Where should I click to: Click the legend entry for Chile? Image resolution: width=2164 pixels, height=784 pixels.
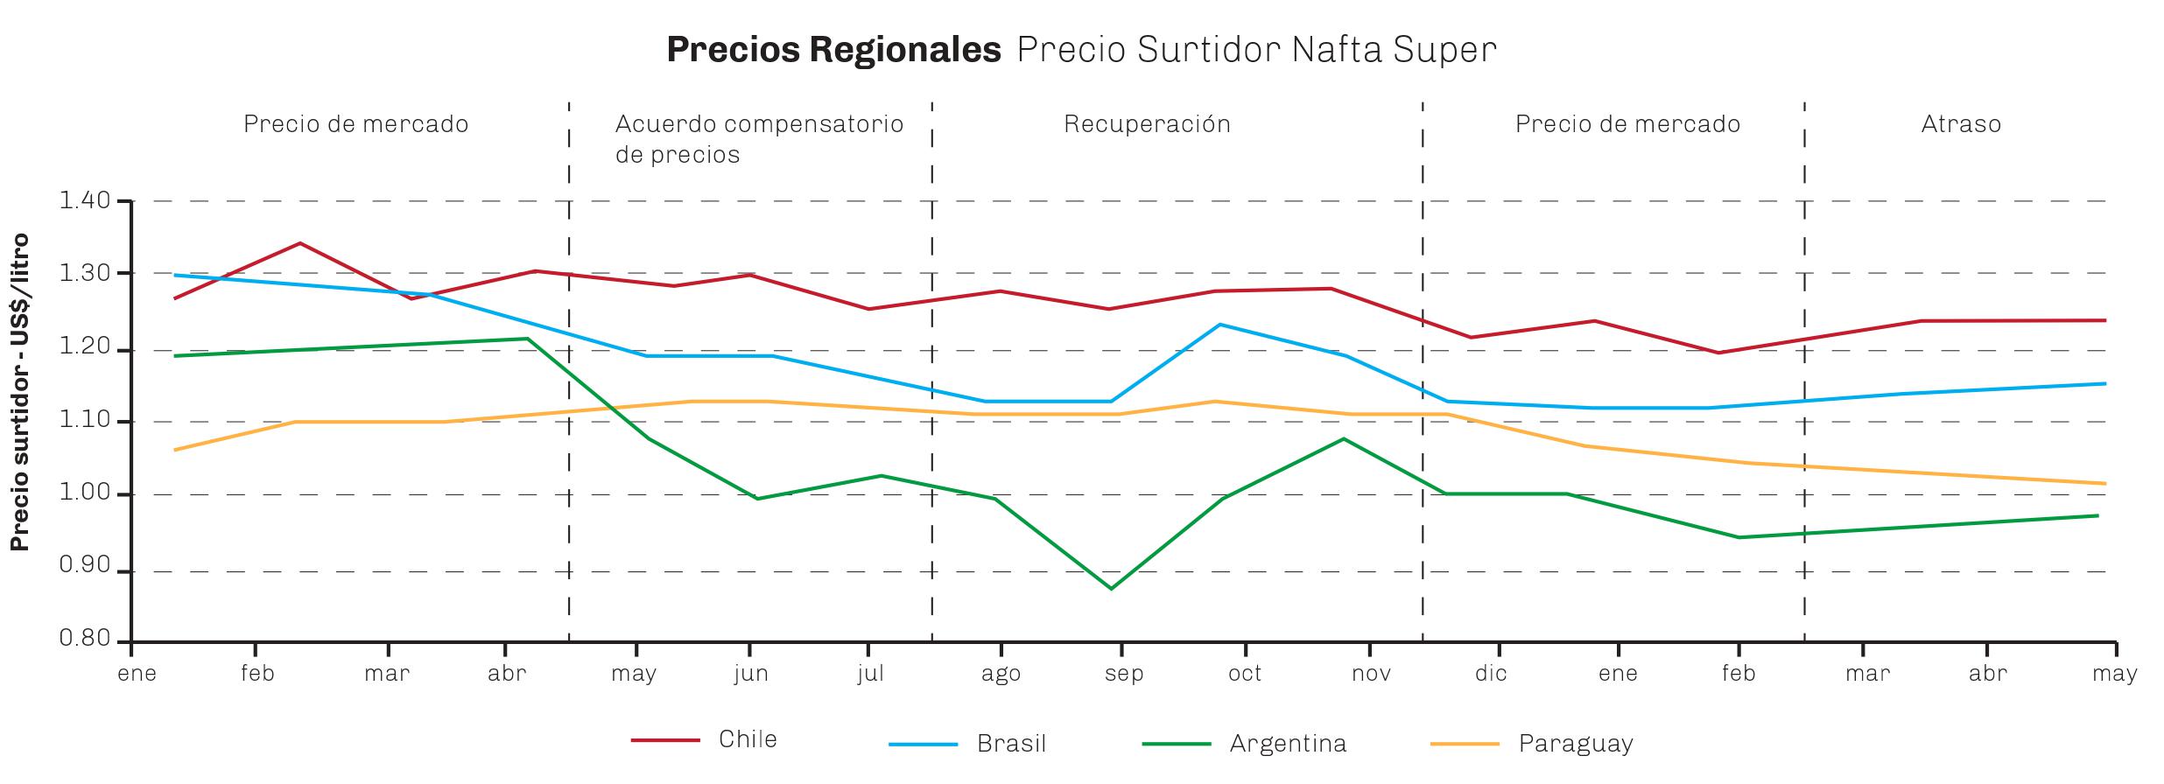747,739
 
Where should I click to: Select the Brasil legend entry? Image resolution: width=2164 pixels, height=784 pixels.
1011,744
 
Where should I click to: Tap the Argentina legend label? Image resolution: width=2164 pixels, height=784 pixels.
1288,744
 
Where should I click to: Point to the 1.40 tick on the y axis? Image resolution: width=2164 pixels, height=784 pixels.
85,201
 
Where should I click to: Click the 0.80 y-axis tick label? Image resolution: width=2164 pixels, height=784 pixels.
85,639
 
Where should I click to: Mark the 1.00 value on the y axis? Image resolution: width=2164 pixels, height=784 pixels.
85,494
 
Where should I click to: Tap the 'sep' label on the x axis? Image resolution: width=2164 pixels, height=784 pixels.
1124,674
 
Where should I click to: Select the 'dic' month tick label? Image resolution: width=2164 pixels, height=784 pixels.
1491,674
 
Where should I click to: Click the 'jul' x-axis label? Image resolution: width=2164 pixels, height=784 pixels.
871,674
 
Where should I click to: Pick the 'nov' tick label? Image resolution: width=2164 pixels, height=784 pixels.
1371,674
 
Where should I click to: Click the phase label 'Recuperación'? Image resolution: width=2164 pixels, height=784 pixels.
1147,124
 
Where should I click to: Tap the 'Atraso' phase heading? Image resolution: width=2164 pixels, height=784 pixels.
1961,124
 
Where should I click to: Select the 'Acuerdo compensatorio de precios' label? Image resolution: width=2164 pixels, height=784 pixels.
759,139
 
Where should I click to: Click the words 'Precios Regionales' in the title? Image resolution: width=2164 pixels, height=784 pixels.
833,50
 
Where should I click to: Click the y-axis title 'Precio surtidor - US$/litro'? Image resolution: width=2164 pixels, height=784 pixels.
19,392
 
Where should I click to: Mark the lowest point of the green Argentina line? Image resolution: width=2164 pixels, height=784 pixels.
1111,589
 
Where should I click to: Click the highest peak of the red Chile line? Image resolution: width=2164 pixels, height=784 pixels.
300,243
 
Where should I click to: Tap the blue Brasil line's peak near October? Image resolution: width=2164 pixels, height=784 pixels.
1220,325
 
